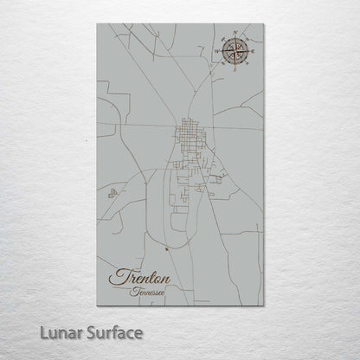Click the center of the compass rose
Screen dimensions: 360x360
point(232,50)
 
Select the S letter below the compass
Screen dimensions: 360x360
point(232,67)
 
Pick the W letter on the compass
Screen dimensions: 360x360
point(216,50)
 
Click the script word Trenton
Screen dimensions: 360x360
point(140,279)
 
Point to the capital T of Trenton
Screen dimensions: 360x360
point(118,278)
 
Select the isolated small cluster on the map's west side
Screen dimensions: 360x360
point(111,194)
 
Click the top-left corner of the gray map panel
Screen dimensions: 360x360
point(97,24)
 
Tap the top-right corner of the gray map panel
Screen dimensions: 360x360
point(263,24)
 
